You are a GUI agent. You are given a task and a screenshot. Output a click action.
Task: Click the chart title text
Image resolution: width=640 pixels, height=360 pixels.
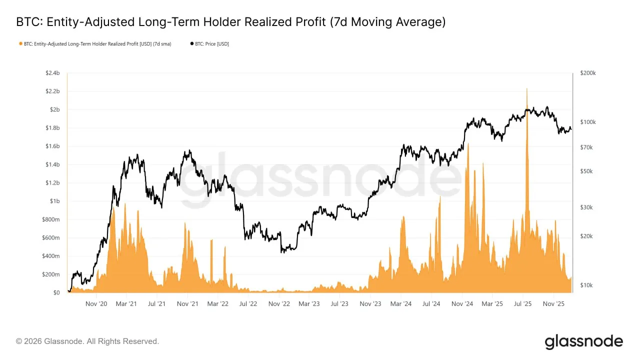230,22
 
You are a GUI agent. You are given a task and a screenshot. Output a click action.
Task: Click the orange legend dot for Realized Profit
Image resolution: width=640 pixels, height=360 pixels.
20,44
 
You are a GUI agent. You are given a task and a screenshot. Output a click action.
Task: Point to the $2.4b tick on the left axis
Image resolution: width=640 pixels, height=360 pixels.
52,73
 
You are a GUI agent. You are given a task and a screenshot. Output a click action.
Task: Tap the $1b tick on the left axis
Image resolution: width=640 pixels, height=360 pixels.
54,201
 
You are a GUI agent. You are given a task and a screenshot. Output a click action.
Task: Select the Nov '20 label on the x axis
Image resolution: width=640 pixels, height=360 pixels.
96,303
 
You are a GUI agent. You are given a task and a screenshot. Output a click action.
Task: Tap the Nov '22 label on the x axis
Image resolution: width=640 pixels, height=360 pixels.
279,303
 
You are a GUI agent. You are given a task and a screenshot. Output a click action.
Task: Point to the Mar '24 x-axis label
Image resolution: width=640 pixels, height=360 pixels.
401,303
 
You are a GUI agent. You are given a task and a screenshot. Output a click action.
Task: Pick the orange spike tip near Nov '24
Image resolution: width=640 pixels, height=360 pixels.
468,144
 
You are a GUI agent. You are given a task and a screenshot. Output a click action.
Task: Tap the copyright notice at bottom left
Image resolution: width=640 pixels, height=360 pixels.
87,341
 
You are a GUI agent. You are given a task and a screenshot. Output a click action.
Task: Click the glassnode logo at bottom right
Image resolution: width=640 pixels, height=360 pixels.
583,342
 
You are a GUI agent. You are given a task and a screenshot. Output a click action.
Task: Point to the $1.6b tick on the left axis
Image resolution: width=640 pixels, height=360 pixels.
52,146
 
